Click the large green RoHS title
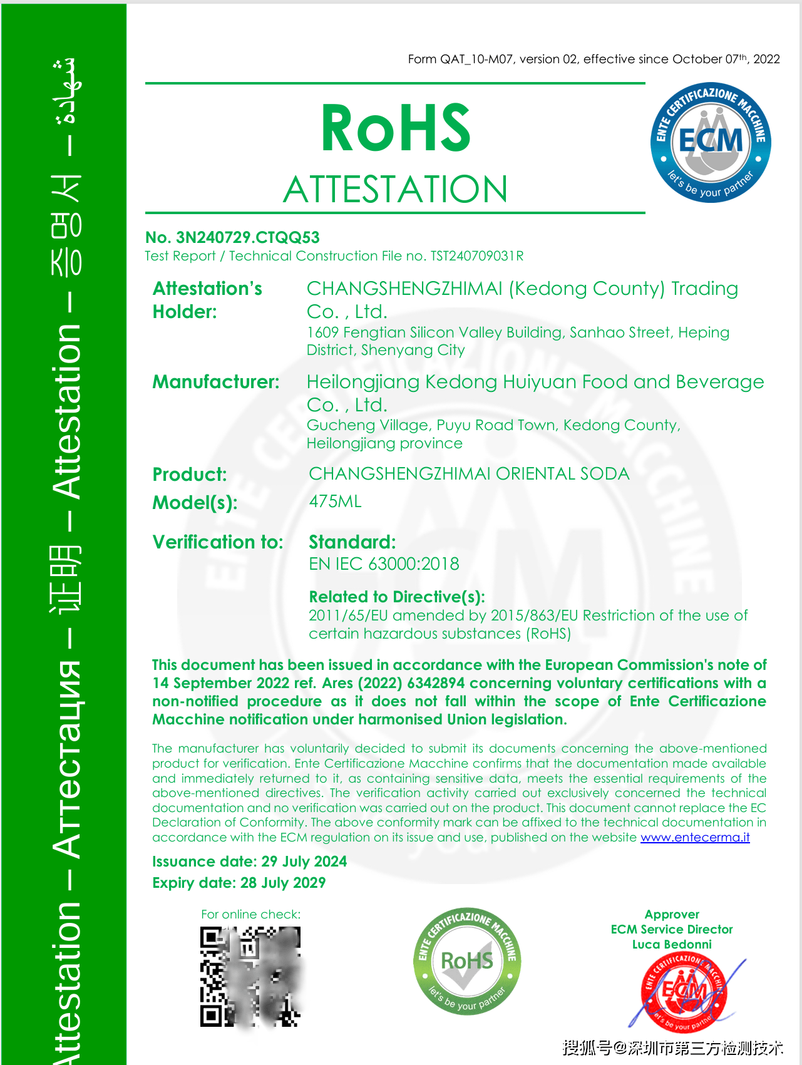(395, 128)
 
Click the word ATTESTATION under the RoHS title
(395, 189)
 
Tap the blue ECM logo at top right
(711, 142)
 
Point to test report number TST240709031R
(477, 256)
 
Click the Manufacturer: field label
(216, 382)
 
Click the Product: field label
(190, 475)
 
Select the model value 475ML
(336, 502)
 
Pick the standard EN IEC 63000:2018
(384, 564)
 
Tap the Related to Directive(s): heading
(397, 597)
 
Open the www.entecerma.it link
(695, 838)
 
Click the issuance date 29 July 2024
(304, 862)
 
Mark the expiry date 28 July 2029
(283, 883)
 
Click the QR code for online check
(250, 977)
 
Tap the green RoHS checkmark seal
(467, 960)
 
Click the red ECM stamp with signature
(684, 992)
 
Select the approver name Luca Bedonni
(672, 944)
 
